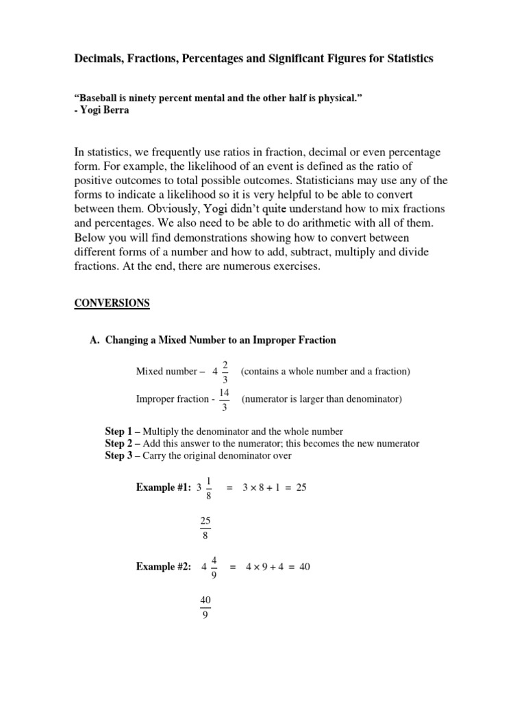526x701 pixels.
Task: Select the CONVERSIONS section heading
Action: click(x=112, y=303)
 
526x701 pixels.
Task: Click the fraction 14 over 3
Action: click(x=225, y=399)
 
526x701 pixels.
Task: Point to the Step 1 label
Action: click(x=120, y=431)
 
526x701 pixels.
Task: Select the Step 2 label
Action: click(x=120, y=444)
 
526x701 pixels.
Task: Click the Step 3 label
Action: click(x=120, y=455)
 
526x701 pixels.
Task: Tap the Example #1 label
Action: click(x=164, y=487)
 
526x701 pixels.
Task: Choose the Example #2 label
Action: click(x=164, y=567)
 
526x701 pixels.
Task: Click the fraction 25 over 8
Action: click(x=205, y=528)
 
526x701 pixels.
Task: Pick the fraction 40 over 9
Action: click(x=205, y=607)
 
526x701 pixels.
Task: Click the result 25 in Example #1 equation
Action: click(x=301, y=487)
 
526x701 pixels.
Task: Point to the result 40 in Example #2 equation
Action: click(x=304, y=567)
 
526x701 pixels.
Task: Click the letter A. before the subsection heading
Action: click(x=95, y=340)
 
